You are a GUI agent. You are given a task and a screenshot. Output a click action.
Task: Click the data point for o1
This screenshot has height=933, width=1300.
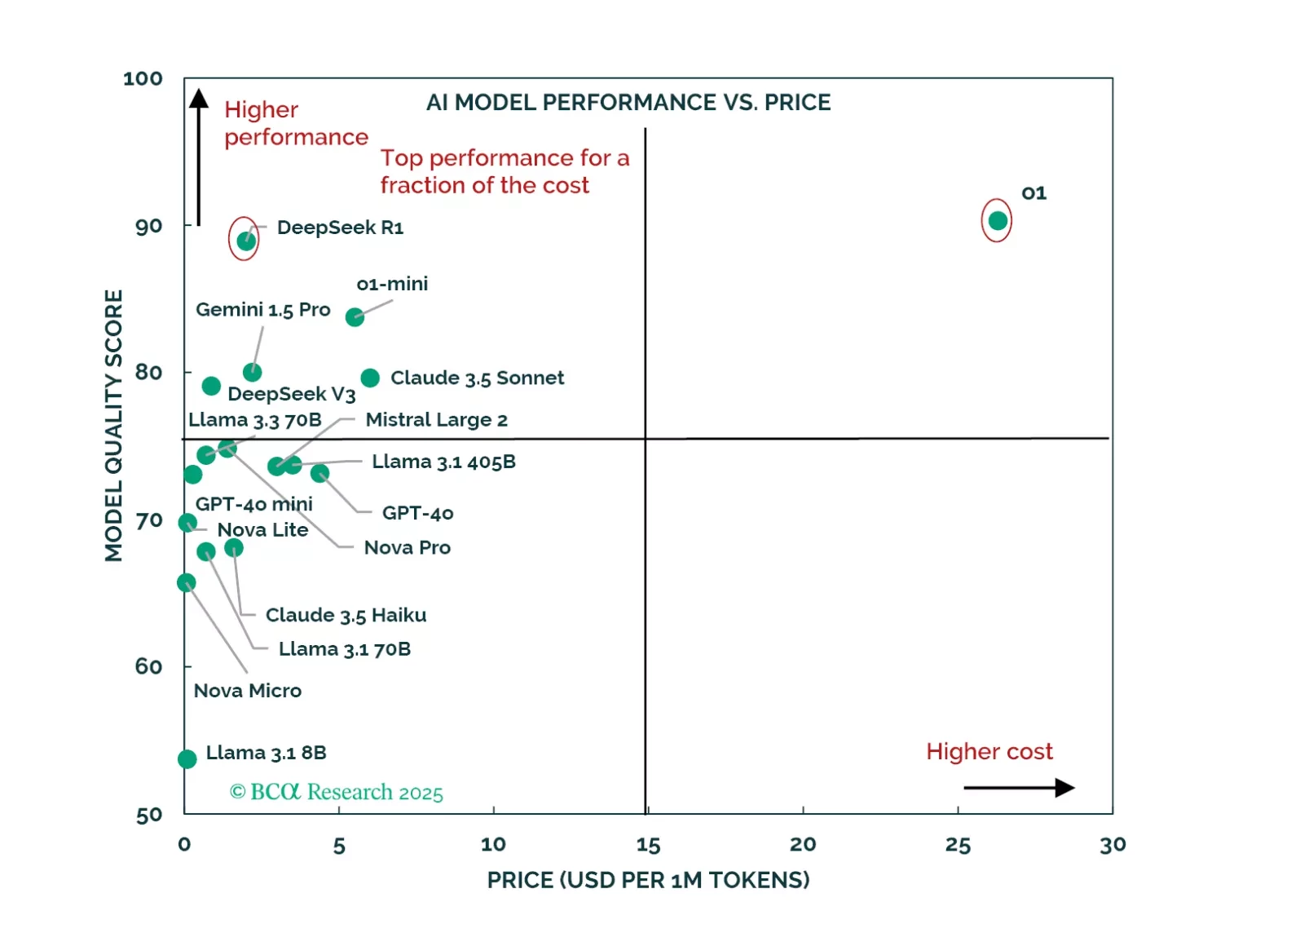997,220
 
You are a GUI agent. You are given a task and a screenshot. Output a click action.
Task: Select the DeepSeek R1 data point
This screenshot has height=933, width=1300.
245,241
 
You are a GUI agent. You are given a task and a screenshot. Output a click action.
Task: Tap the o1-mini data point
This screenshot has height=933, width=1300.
355,316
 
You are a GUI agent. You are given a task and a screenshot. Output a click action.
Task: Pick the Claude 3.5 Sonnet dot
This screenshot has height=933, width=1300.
370,378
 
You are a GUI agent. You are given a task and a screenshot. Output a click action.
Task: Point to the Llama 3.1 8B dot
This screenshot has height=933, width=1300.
187,759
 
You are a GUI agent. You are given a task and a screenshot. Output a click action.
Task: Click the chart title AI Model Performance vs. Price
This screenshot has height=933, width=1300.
628,103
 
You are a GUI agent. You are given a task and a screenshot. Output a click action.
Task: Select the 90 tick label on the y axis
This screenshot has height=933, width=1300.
148,226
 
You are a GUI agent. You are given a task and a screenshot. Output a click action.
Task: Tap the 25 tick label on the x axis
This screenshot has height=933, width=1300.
958,845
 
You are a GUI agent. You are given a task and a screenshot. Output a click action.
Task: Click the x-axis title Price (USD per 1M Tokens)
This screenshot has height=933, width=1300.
648,880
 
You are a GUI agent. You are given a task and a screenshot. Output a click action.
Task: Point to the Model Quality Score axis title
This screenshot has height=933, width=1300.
114,425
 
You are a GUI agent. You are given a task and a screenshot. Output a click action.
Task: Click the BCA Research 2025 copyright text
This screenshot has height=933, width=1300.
337,792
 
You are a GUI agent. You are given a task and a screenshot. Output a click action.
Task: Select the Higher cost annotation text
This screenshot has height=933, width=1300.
989,751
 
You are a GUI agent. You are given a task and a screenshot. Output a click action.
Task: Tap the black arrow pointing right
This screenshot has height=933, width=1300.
1018,788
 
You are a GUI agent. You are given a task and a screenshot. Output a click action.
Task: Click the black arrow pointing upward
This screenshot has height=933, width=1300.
199,155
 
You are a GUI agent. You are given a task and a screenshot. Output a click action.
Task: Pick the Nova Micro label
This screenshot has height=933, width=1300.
248,691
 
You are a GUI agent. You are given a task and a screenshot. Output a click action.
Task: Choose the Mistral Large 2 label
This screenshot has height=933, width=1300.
436,420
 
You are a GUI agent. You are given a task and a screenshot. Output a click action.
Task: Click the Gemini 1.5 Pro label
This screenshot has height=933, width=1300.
262,310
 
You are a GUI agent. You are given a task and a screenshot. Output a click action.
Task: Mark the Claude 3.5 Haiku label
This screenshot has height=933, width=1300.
346,615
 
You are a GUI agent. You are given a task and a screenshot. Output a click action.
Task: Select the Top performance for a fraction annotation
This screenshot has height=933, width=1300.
505,171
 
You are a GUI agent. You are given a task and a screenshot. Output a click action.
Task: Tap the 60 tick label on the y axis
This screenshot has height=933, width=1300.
148,667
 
